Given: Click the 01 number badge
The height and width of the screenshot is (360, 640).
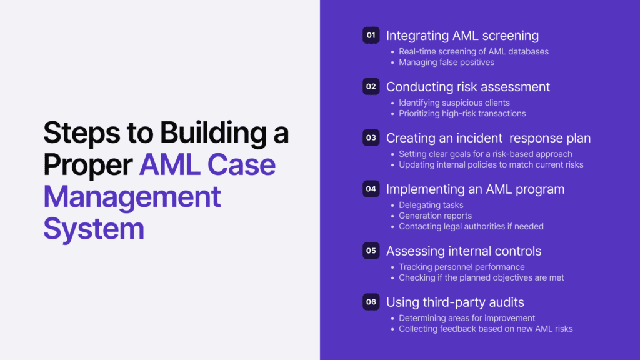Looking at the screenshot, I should (x=371, y=36).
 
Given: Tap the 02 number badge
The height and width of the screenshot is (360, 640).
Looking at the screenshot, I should (x=371, y=87).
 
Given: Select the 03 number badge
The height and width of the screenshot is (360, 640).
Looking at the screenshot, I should (x=371, y=138).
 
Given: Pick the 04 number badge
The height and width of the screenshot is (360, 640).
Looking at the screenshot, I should (x=371, y=189).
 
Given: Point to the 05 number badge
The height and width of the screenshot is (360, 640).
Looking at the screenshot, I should (x=371, y=251).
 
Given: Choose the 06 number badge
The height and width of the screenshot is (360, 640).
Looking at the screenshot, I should (x=371, y=302).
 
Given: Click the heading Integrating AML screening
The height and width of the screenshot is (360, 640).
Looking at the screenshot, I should (x=462, y=36).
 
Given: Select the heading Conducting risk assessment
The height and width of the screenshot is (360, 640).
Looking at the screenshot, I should (x=468, y=87).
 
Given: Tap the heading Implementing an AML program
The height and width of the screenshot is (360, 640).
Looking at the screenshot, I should (x=475, y=189).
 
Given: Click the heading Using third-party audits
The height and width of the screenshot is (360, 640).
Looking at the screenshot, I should (x=455, y=302).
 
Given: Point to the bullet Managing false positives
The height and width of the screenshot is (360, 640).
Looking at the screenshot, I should (x=446, y=62).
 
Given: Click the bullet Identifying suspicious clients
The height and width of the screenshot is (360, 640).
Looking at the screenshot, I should (x=454, y=102).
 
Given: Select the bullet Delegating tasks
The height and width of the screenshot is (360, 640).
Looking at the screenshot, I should (x=431, y=205).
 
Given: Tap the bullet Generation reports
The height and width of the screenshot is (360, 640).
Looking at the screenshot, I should (x=436, y=216).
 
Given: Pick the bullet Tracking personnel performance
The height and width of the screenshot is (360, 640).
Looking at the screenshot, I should (x=462, y=267).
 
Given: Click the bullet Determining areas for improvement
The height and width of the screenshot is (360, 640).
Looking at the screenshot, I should (x=467, y=318).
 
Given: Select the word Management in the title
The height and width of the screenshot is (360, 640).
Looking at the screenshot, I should (x=132, y=197).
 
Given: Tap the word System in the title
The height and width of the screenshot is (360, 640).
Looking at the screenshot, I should (x=94, y=229).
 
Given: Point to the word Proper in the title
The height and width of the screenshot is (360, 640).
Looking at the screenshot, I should (x=87, y=165).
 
